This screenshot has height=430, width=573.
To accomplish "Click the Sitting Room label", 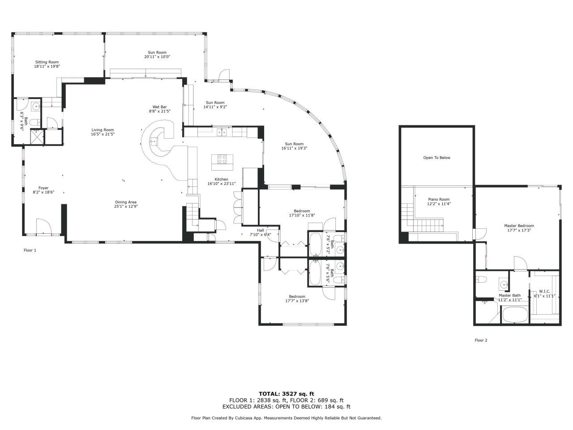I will coord(47,62).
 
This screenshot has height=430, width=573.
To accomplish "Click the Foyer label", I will coord(43,188).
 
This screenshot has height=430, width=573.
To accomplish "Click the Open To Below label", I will coord(436,158).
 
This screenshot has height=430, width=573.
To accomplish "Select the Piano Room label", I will coord(438,199).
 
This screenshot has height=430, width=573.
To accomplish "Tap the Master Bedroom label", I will coord(519,226).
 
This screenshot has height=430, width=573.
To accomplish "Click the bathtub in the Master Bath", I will coord(515,314).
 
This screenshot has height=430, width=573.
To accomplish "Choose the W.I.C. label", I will coord(544,291).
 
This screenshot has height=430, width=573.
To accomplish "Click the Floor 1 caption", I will coord(30,250).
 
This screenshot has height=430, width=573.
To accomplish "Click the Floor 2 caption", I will coord(481,340).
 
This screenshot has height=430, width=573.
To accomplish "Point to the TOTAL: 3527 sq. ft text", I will coord(286,394).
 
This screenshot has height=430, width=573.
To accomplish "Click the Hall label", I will coord(260,230).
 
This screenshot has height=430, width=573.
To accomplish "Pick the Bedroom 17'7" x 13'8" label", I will coord(297,297).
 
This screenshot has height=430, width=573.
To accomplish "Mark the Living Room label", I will coord(103,130).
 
